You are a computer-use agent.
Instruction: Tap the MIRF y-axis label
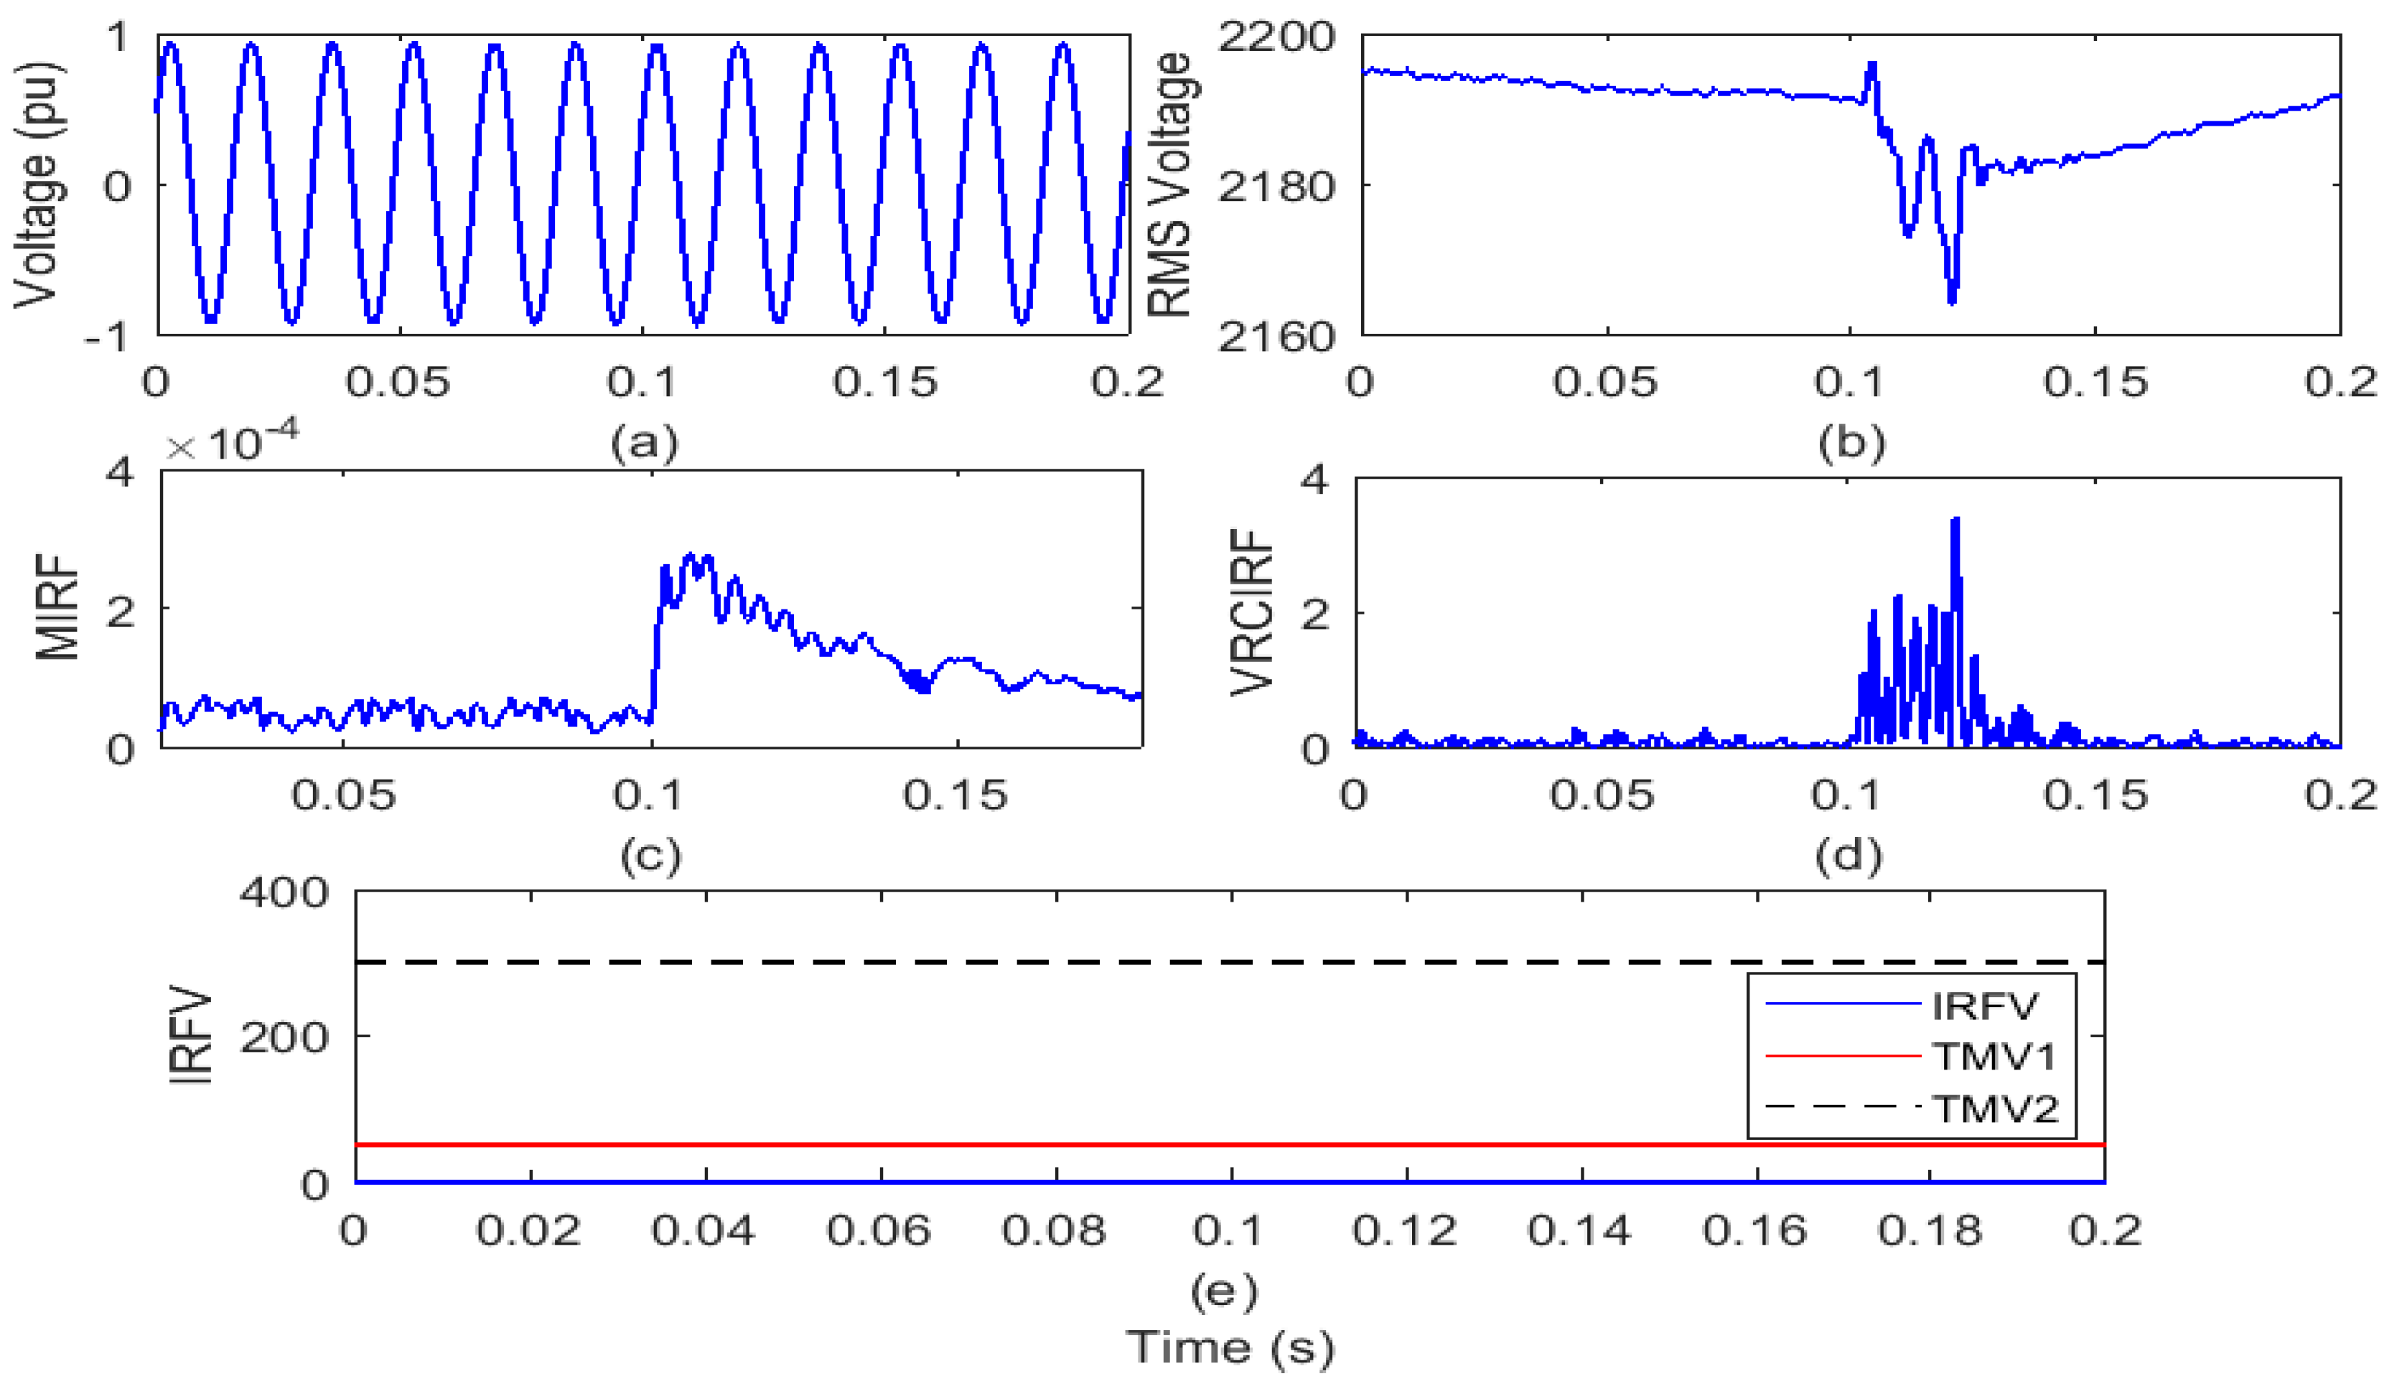[x=57, y=607]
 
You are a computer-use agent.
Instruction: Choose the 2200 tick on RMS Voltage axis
[x=1276, y=38]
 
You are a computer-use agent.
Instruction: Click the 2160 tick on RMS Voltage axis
[x=1276, y=335]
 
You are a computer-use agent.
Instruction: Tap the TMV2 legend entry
[x=1994, y=1108]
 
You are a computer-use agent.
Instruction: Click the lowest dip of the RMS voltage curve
[x=1951, y=299]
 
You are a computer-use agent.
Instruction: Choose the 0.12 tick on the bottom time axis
[x=1404, y=1230]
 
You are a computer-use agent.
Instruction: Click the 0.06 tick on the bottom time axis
[x=878, y=1230]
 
